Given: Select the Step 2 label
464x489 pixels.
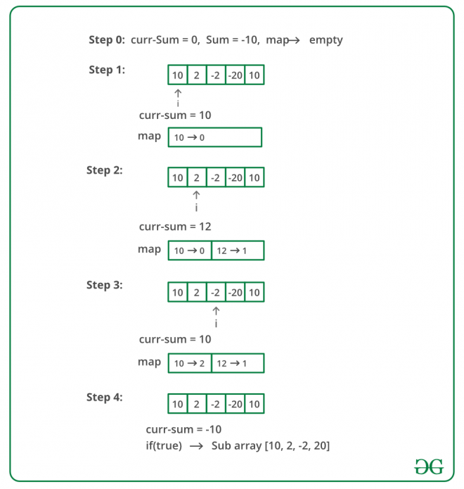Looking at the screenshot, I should click(x=104, y=170).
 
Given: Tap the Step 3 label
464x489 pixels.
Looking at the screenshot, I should click(x=104, y=285).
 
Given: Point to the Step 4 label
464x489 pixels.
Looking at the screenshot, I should click(x=104, y=398).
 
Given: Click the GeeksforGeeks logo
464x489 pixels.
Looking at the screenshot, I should click(x=429, y=467).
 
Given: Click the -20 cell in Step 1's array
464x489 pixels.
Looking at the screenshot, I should click(x=235, y=75).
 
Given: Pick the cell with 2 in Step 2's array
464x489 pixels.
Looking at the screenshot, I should click(x=196, y=177).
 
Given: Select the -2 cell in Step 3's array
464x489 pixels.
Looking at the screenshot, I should click(x=216, y=293).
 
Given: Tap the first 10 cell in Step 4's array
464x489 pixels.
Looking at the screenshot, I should click(x=178, y=404).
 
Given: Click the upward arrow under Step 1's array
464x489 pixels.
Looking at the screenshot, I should click(x=178, y=93).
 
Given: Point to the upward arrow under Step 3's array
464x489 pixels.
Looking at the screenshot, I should click(x=216, y=311).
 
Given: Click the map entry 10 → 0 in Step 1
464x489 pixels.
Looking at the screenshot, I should click(x=190, y=138).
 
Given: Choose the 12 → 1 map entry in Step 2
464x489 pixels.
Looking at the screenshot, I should click(x=233, y=250).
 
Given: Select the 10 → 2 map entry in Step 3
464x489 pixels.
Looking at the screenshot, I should click(x=190, y=363).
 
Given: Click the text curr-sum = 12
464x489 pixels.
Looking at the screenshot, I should click(x=175, y=227).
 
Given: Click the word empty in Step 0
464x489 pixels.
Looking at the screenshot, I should click(x=326, y=40).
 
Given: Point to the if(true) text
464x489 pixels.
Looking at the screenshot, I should click(x=164, y=445).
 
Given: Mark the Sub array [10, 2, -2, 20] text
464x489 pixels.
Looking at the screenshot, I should click(x=271, y=445).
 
